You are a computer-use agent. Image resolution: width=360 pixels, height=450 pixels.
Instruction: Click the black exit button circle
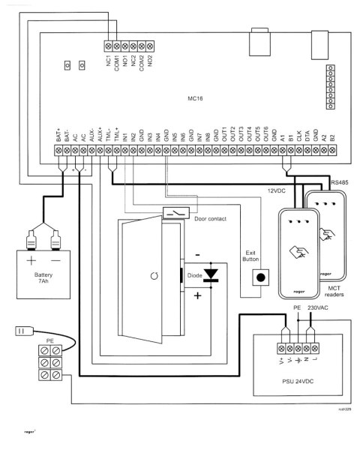click(x=260, y=277)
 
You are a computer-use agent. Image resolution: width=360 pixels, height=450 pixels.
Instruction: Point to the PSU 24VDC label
click(x=298, y=382)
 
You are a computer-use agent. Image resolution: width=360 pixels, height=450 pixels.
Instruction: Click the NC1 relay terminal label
click(x=109, y=59)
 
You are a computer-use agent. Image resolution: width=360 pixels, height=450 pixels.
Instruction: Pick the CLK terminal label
click(x=299, y=136)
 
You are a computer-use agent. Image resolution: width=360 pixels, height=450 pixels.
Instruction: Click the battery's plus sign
click(x=31, y=262)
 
